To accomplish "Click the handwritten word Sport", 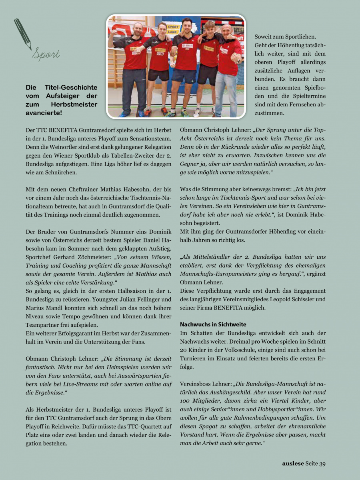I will tap(46, 54).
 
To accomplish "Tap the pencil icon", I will tap(22, 34).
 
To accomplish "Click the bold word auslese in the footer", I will tap(292, 464).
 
